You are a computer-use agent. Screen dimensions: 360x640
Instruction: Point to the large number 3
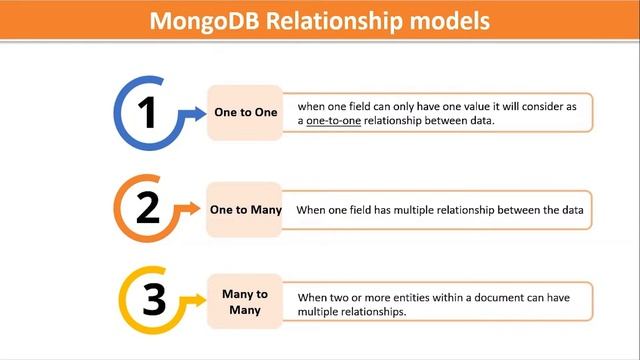click(152, 300)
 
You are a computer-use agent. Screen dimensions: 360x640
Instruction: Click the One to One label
click(245, 113)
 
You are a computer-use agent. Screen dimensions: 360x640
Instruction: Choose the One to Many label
click(245, 210)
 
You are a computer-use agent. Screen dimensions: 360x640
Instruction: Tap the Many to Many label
click(244, 301)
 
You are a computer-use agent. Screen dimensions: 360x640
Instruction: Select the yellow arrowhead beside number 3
click(197, 301)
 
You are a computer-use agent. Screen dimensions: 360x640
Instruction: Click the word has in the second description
click(385, 210)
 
